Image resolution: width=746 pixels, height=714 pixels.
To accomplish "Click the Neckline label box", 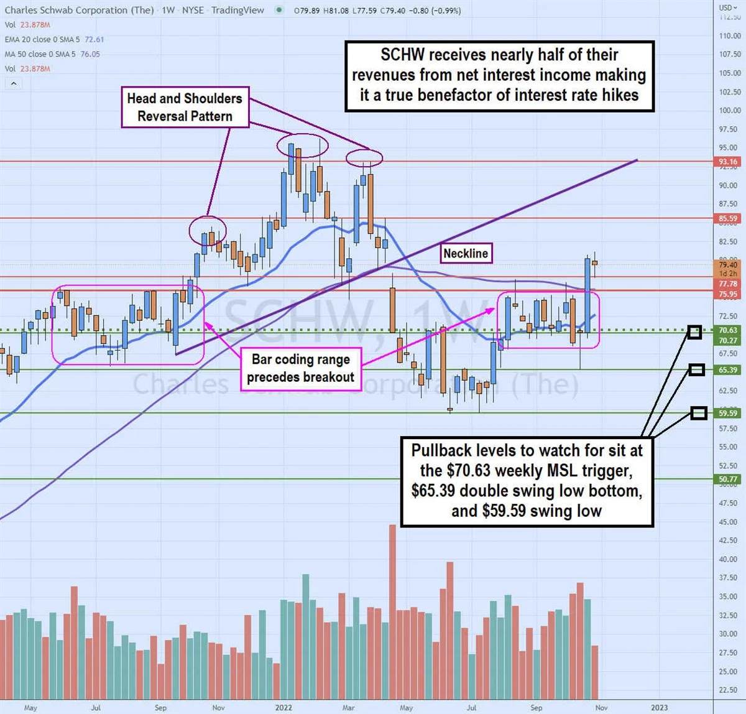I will pos(466,253).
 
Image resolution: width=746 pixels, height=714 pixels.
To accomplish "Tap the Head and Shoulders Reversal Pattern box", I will pos(185,108).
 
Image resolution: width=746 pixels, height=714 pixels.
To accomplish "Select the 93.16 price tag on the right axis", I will pos(728,162).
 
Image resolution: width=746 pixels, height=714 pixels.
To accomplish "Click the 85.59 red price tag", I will pos(728,219).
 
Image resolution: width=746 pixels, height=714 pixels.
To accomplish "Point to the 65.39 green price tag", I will pos(728,370).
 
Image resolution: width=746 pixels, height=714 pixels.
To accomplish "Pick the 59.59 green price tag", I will pos(728,413).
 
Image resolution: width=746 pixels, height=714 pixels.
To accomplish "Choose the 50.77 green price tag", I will pos(728,480).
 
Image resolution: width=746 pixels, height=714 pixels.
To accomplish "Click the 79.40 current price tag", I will pos(728,265).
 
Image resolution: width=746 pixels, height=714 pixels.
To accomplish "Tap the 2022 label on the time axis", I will pos(283,708).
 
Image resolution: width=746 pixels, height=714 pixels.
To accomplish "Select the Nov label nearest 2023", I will pos(601,708).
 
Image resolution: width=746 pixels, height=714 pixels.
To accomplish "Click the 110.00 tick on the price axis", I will pos(729,36).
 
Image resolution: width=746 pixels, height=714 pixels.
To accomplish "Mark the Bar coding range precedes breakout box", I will pos(301,368).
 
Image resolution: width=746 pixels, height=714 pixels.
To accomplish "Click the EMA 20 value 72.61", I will pos(94,39).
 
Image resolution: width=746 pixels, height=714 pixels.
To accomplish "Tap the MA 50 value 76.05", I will pos(90,54).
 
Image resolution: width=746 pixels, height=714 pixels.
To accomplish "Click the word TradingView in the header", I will pos(237,10).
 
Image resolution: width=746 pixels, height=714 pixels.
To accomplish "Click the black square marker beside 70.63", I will pos(694,332).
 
